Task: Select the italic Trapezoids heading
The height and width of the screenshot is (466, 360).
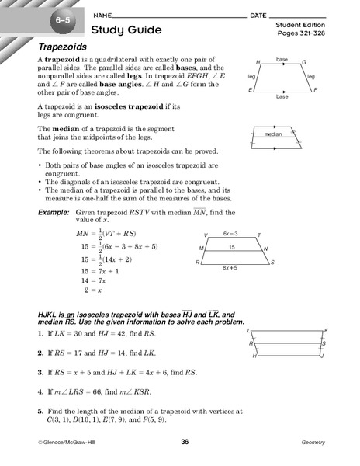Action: [64, 48]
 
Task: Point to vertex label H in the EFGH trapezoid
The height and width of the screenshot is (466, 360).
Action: [258, 61]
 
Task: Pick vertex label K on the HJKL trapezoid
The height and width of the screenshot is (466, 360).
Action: [326, 329]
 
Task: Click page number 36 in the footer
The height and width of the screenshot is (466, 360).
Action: [185, 442]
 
